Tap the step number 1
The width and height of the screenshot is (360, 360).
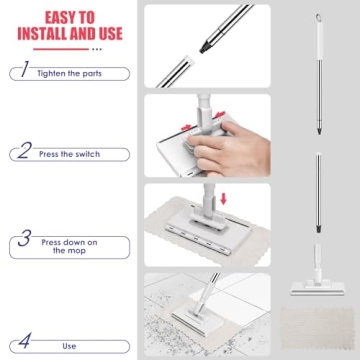(x=21, y=73)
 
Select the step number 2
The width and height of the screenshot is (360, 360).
(x=21, y=152)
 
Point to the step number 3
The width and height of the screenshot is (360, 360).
(x=21, y=240)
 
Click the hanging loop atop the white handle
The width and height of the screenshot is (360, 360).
(x=317, y=20)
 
